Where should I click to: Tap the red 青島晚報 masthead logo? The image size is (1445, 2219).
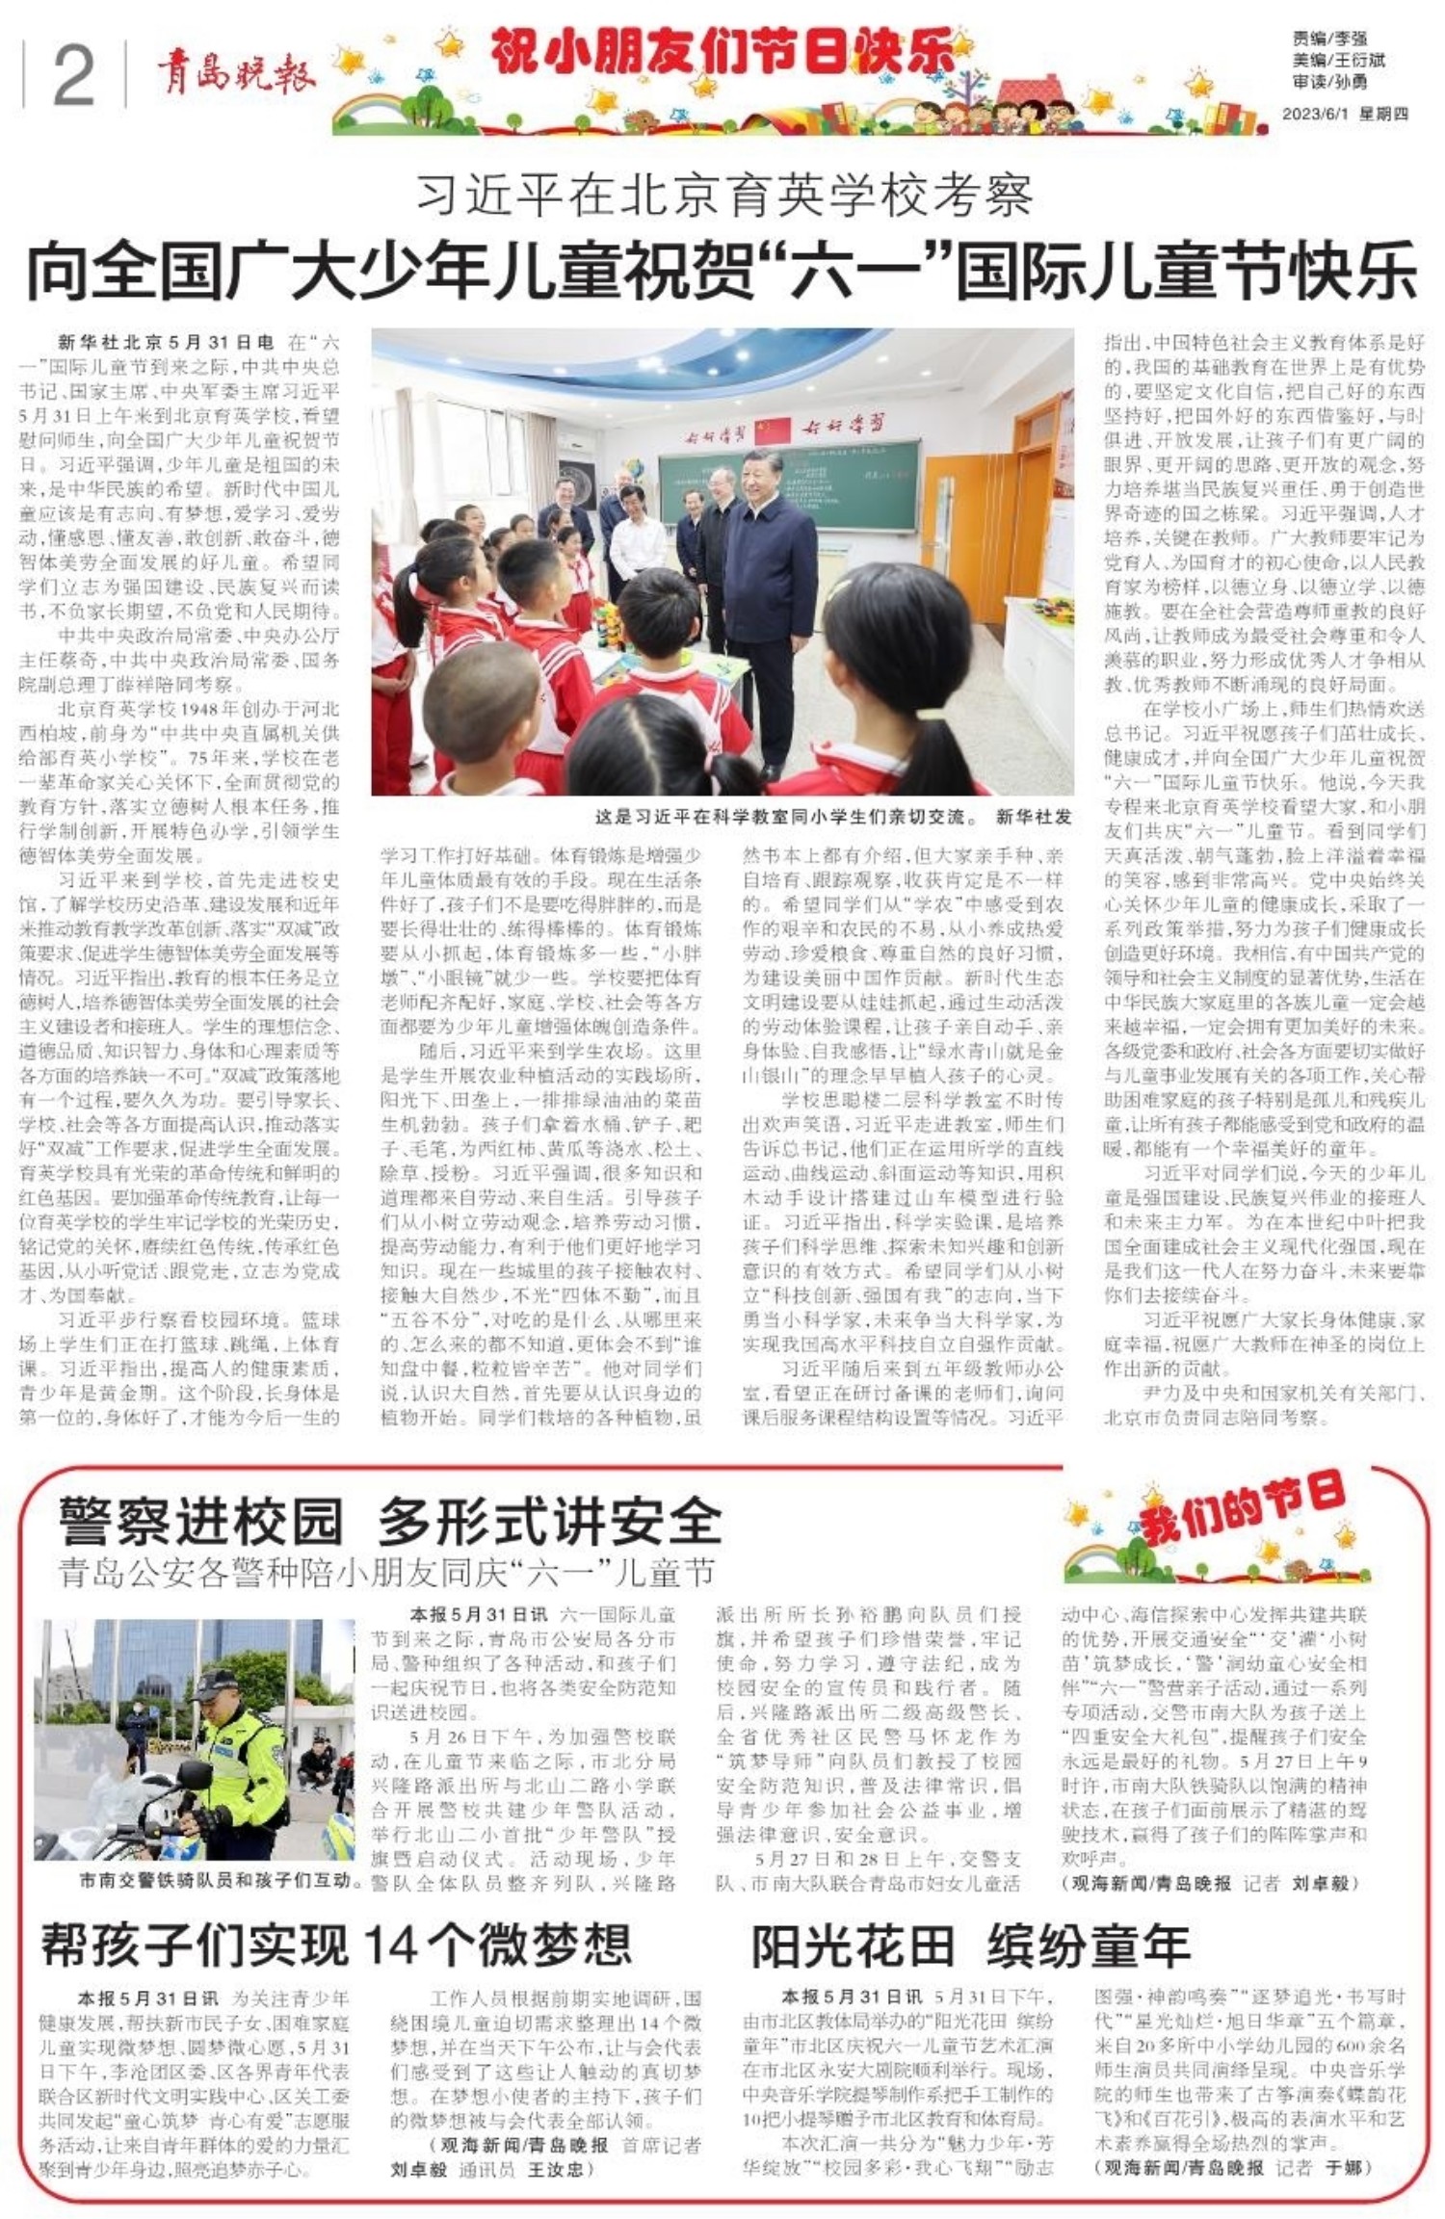coord(236,73)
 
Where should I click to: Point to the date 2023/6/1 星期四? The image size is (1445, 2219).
coord(1344,114)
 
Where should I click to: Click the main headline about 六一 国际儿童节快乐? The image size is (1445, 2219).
coord(722,273)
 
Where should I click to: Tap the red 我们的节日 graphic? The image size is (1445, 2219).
coord(1242,1507)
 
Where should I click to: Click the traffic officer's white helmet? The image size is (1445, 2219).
coord(216,1684)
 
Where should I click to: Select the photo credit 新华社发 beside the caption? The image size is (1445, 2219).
coord(1034,818)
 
